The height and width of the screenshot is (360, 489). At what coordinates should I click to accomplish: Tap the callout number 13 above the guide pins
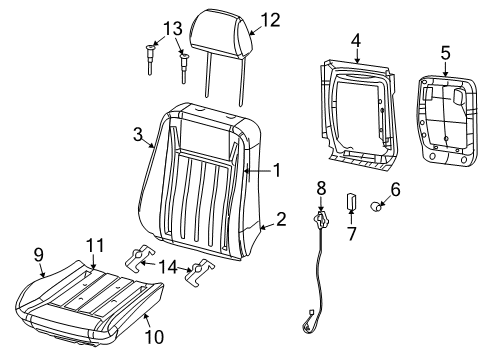point(173,27)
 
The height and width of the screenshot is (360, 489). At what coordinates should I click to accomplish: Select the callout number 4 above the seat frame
point(355,41)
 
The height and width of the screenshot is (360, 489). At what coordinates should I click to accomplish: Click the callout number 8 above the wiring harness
point(321,187)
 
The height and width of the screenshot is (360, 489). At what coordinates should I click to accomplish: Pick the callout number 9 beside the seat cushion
point(39,255)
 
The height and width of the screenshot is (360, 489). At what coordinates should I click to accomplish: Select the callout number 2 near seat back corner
point(281,219)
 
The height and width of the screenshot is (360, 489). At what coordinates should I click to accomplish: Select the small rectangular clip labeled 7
point(352,200)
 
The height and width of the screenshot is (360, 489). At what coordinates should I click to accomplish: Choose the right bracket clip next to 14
point(204,270)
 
